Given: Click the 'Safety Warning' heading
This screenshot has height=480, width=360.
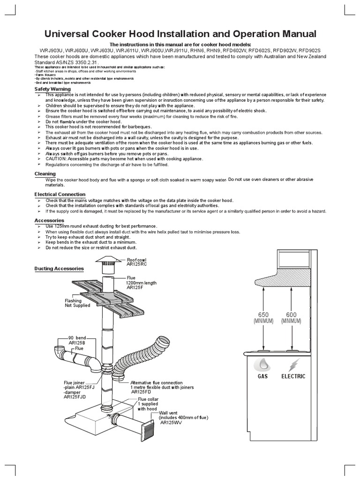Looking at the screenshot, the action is pyautogui.click(x=52, y=89).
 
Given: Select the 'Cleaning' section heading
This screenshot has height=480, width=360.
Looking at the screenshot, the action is pyautogui.click(x=45, y=174).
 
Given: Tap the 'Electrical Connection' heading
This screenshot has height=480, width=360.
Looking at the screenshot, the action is pyautogui.click(x=60, y=194).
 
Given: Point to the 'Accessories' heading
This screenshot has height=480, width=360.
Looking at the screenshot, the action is pyautogui.click(x=49, y=220).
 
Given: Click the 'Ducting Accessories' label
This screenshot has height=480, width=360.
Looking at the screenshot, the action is pyautogui.click(x=59, y=269).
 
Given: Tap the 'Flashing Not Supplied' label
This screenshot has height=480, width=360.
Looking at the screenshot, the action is pyautogui.click(x=73, y=303).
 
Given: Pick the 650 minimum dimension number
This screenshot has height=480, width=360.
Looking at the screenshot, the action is pyautogui.click(x=263, y=315).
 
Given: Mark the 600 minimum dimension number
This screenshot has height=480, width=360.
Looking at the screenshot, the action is pyautogui.click(x=291, y=315).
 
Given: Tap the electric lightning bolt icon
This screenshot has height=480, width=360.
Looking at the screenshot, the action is pyautogui.click(x=293, y=364).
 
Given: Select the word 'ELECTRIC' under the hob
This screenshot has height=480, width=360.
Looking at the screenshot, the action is pyautogui.click(x=293, y=376).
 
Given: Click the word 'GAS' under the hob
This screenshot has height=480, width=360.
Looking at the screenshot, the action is pyautogui.click(x=263, y=376).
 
